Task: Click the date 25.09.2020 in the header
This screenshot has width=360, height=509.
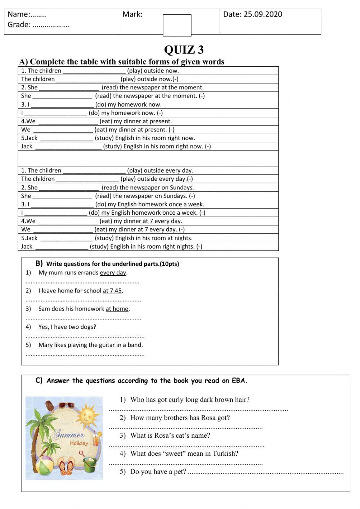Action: click(263, 14)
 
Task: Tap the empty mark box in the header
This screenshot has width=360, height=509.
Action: click(177, 25)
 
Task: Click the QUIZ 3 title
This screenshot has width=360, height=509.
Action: click(184, 49)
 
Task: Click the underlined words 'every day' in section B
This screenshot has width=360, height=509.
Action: click(113, 273)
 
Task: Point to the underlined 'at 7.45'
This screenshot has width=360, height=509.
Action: click(112, 291)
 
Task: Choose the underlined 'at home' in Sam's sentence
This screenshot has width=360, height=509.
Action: click(117, 309)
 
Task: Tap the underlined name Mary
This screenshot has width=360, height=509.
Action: click(45, 345)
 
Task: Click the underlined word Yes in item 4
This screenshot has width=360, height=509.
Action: click(43, 327)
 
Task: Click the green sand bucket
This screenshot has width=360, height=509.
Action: click(89, 465)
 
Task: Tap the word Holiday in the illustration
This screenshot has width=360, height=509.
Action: click(79, 443)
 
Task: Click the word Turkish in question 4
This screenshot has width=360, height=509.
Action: click(225, 454)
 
